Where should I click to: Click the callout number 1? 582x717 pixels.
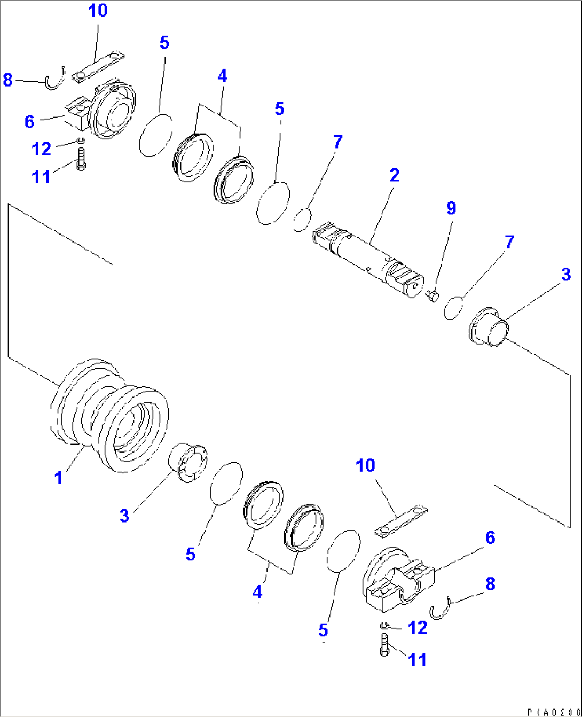[x=59, y=477]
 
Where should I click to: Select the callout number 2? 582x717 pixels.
[x=394, y=175]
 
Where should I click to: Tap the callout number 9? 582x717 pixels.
[x=451, y=208]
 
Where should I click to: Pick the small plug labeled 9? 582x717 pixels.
[x=432, y=294]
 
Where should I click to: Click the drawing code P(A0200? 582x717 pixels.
[x=553, y=712]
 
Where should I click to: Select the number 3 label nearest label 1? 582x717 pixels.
[x=124, y=516]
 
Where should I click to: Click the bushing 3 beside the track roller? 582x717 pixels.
[x=188, y=462]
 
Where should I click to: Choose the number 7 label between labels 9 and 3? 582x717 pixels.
[x=509, y=241]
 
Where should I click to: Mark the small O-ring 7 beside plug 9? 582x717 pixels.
[x=452, y=307]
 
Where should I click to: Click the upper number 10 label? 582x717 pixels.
[x=98, y=10]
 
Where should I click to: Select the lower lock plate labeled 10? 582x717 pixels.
[x=401, y=521]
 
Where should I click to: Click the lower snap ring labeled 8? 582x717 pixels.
[x=441, y=609]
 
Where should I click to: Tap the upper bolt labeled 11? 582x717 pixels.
[x=81, y=160]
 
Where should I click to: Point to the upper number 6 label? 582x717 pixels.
[x=29, y=122]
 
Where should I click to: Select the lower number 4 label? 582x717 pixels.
[x=257, y=591]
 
